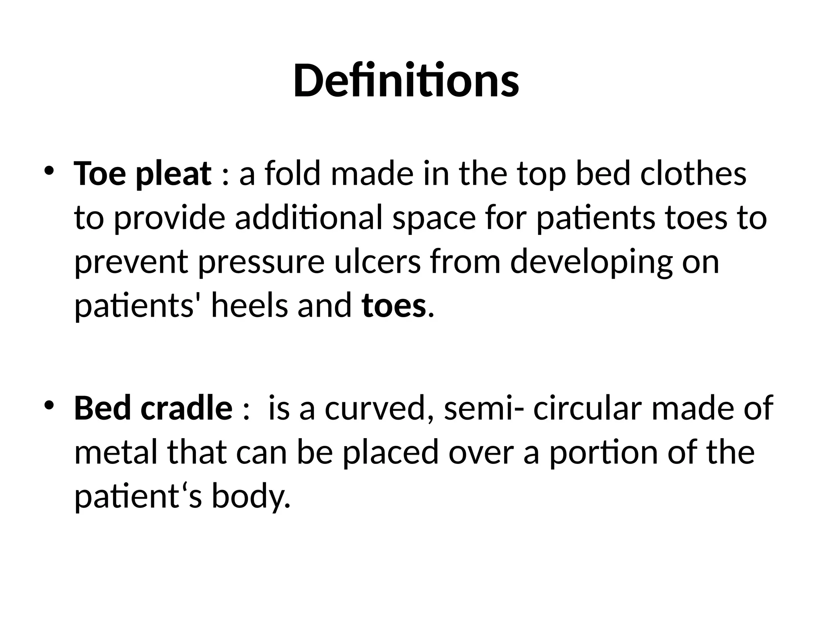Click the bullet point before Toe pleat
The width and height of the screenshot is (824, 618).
49,171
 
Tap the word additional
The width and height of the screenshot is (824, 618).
308,218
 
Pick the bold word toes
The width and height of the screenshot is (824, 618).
393,307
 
